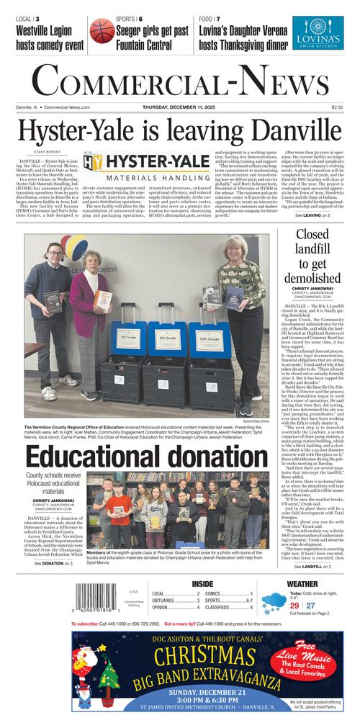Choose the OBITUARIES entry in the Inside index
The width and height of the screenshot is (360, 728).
click(x=167, y=599)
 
